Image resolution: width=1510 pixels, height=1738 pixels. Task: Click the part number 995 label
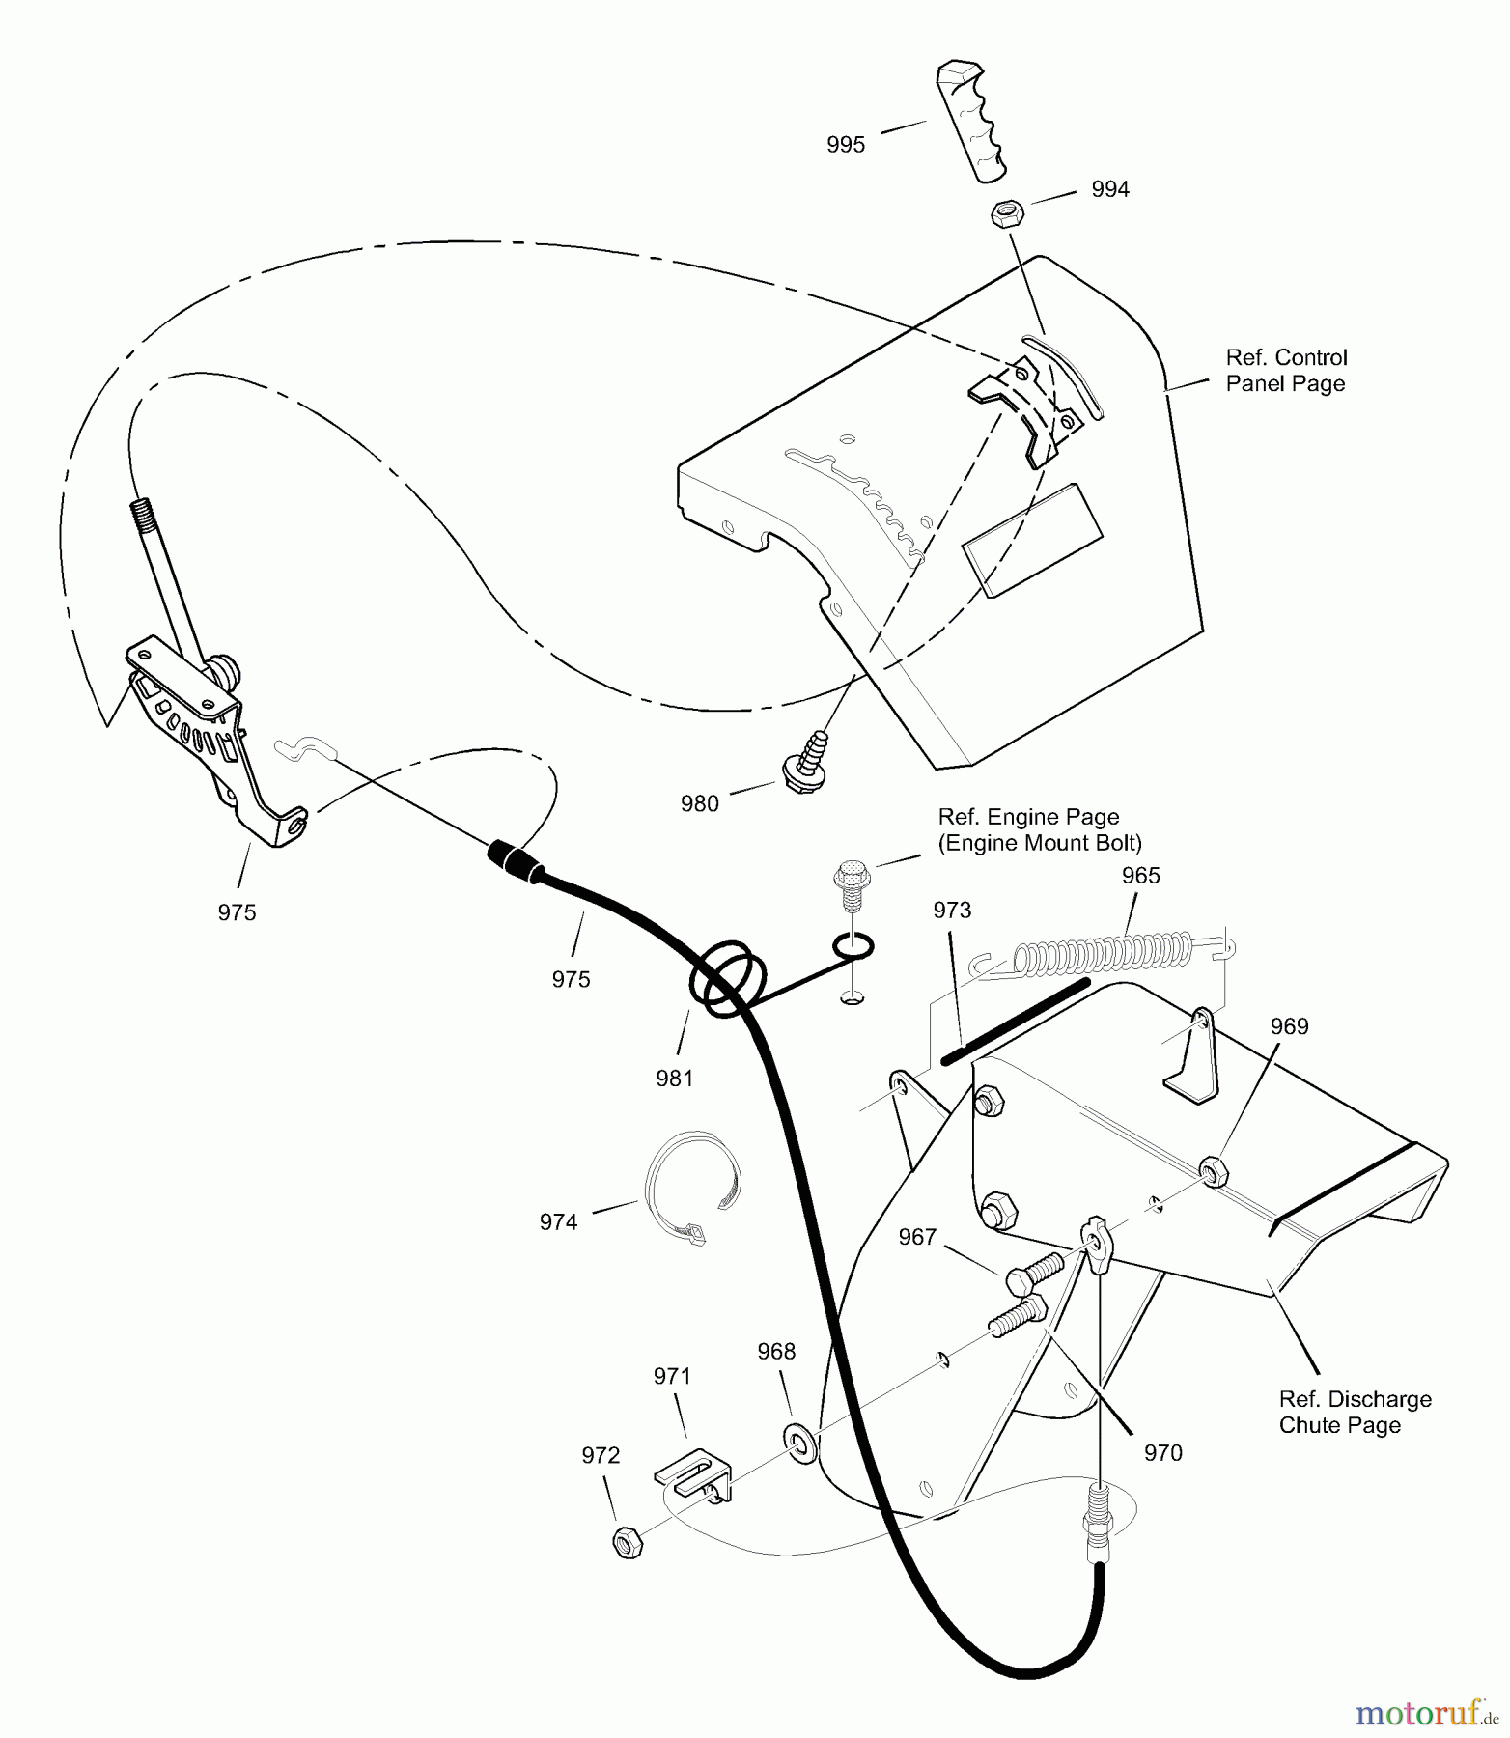846,145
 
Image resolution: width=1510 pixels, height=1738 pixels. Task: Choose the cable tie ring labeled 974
690,1187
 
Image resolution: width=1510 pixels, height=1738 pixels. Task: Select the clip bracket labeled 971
692,1474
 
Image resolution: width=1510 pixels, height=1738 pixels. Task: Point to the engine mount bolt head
847,875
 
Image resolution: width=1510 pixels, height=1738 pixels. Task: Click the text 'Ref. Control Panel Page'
1286,371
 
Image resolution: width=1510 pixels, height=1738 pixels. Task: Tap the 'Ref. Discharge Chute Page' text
1356,1412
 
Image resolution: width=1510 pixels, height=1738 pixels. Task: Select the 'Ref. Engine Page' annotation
1028,817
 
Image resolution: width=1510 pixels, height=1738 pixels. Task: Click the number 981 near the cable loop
674,1078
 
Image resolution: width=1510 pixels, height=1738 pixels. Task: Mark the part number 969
1289,1026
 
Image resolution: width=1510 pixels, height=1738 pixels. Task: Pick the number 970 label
1162,1452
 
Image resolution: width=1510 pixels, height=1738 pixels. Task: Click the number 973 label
952,910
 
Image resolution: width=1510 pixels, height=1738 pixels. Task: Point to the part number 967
917,1236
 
